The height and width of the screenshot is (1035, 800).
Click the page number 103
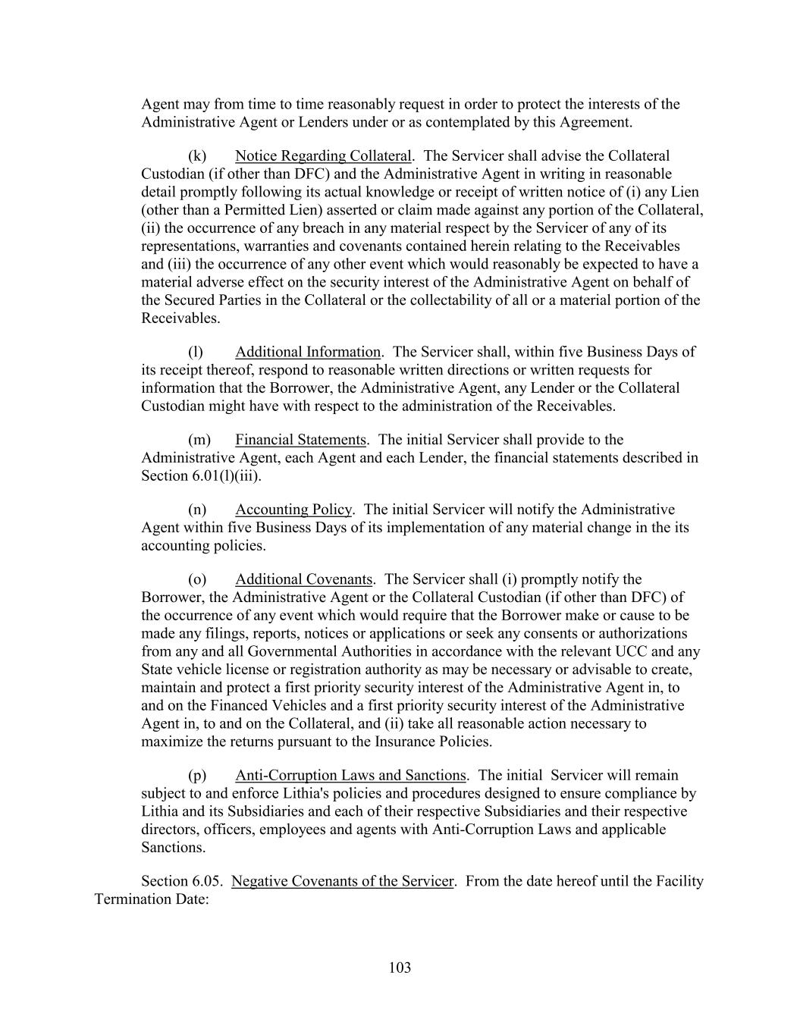tap(400, 968)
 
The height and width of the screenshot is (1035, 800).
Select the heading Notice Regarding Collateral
tap(323, 156)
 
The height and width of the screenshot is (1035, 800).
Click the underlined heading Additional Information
tap(308, 352)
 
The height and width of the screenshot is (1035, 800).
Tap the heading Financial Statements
tap(300, 440)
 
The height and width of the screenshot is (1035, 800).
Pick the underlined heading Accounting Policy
tap(293, 510)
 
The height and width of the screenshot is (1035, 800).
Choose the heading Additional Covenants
tap(303, 579)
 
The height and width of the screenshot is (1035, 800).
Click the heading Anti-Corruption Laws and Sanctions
tap(350, 775)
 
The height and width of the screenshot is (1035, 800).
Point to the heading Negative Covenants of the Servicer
tap(343, 881)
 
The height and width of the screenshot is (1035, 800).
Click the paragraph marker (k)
tap(197, 156)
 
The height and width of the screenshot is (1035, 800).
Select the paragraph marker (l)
tap(196, 352)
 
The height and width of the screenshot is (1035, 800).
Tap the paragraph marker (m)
tap(199, 440)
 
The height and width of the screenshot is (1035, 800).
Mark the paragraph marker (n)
tap(197, 510)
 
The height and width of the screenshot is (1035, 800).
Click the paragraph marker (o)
tap(197, 579)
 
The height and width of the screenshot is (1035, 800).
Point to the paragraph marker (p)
tap(197, 775)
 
